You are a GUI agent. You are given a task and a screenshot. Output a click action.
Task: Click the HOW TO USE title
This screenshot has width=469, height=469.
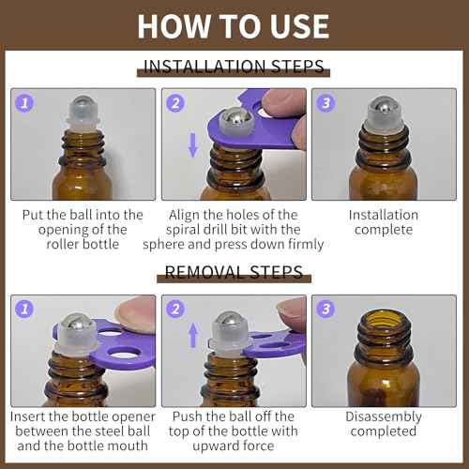(x=234, y=25)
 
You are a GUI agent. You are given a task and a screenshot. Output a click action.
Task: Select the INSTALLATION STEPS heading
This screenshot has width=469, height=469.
(x=234, y=67)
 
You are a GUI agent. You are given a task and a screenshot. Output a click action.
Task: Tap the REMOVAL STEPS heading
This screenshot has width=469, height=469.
(x=234, y=273)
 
